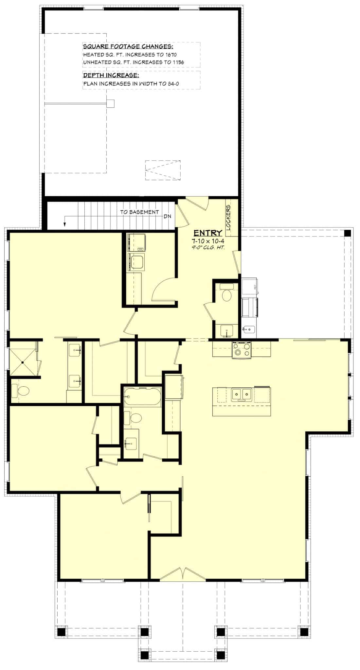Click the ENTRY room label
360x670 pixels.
(208, 233)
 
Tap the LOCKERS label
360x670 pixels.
(228, 217)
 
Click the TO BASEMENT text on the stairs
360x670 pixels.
(139, 212)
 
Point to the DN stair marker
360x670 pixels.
(167, 217)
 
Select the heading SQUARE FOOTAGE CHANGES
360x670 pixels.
(128, 46)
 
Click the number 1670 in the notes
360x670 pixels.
(170, 55)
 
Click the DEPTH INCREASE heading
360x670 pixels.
(111, 76)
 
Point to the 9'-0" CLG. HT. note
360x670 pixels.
(208, 247)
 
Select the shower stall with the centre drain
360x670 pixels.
(22, 362)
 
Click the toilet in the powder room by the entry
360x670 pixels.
(226, 295)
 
